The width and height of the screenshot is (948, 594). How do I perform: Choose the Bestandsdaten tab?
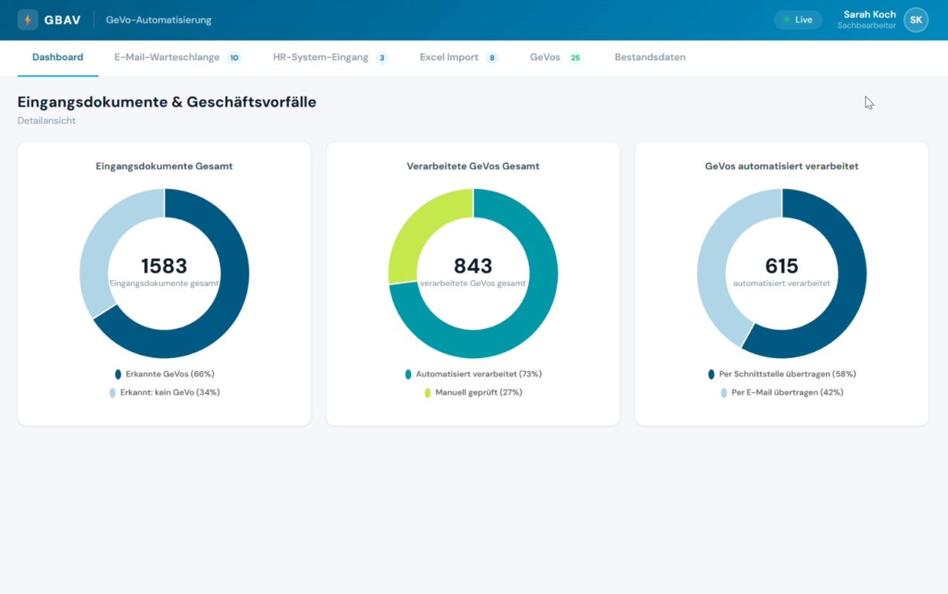click(x=650, y=57)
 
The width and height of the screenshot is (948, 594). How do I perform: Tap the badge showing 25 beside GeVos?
click(x=575, y=57)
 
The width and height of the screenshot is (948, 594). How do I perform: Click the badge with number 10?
click(x=234, y=57)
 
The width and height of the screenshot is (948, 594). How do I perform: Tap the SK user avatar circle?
click(x=916, y=20)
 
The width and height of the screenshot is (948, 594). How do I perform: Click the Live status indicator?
click(x=798, y=20)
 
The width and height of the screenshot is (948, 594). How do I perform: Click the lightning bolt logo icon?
click(x=28, y=20)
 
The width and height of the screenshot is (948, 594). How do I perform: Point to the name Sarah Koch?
click(x=870, y=14)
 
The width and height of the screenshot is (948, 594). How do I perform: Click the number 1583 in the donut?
click(x=163, y=266)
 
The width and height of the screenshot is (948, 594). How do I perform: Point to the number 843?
click(x=473, y=266)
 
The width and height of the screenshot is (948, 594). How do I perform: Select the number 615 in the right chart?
click(x=782, y=266)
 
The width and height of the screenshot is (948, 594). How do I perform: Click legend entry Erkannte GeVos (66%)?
click(x=165, y=374)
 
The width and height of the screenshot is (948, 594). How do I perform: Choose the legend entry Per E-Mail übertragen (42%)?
click(x=782, y=393)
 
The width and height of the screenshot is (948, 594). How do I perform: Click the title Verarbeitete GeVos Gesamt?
click(x=473, y=166)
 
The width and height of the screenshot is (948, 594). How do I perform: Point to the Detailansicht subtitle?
click(x=47, y=120)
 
